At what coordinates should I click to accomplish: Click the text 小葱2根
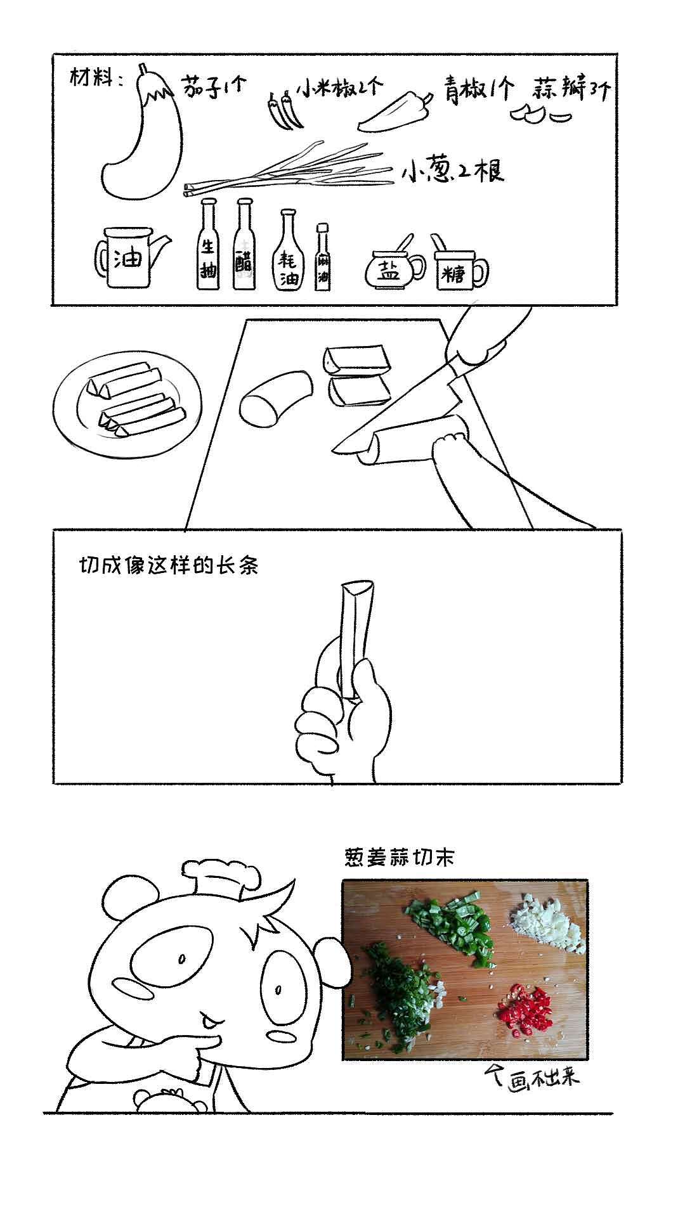tap(452, 172)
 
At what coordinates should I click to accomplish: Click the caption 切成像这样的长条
tap(168, 565)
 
